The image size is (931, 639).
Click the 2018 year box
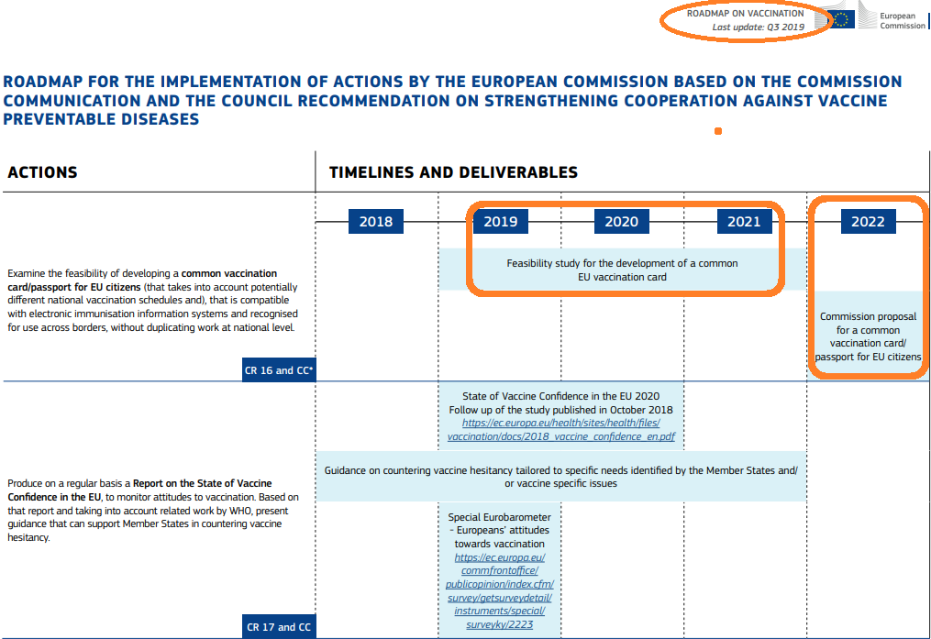coord(376,221)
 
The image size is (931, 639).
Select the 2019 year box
coord(500,221)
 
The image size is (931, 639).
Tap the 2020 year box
coord(621,221)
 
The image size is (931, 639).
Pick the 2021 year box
coord(744,221)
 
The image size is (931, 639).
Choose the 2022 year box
coord(868,221)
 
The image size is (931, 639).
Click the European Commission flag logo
coord(841,19)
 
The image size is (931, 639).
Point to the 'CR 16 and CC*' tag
coord(280,370)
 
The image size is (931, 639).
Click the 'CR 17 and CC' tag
coord(279,627)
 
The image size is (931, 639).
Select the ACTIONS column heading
coord(42,172)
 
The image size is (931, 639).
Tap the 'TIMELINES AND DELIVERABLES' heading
coord(453,172)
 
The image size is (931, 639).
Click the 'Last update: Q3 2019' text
coord(758,28)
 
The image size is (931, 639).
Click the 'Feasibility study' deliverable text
coord(622,270)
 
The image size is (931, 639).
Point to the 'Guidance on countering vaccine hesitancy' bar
coord(560,477)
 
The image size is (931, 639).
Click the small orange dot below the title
coord(718,131)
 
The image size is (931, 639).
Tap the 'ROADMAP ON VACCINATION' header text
coord(745,14)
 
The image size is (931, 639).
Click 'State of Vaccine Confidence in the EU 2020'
coord(560,397)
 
